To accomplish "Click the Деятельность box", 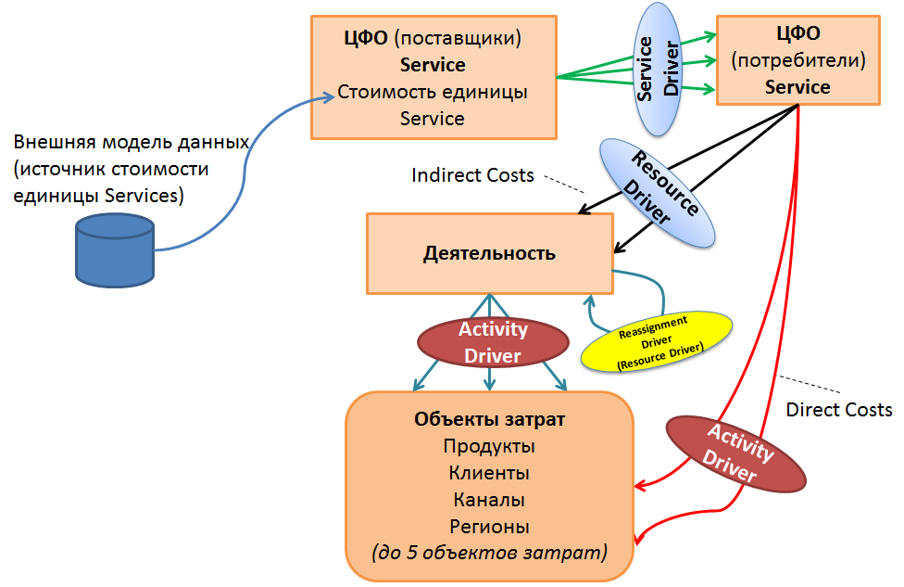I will pyautogui.click(x=489, y=252).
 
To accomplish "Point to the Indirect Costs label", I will pyautogui.click(x=472, y=174).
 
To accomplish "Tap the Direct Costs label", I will pyautogui.click(x=838, y=409).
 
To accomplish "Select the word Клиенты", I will pyautogui.click(x=490, y=473).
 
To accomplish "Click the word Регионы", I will pyautogui.click(x=490, y=527).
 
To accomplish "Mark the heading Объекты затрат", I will pyautogui.click(x=490, y=419).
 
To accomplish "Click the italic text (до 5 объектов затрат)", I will pyautogui.click(x=490, y=554).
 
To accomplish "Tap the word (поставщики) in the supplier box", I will pyautogui.click(x=458, y=39).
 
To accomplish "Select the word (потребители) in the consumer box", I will pyautogui.click(x=797, y=61).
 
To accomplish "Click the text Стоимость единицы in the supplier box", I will pyautogui.click(x=433, y=92).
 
